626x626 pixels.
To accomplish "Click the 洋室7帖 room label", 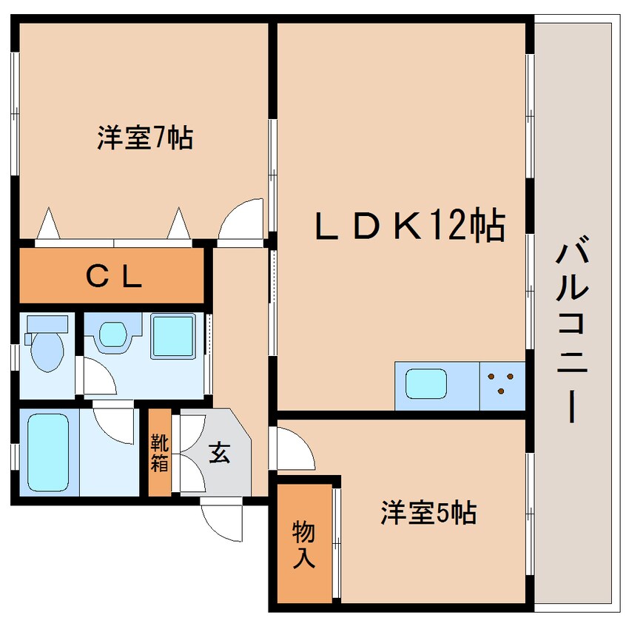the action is tap(145, 138).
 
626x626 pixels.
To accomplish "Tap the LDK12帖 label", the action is tap(410, 226).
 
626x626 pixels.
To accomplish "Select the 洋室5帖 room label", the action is tap(428, 513).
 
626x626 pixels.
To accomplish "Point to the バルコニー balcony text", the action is tap(572, 329).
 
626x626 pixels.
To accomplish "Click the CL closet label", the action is tap(114, 277).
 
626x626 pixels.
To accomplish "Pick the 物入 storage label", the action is tap(304, 544).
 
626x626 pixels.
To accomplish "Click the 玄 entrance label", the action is tap(219, 452).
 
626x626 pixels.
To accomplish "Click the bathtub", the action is tap(48, 452).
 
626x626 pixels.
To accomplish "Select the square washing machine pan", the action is tap(173, 336).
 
